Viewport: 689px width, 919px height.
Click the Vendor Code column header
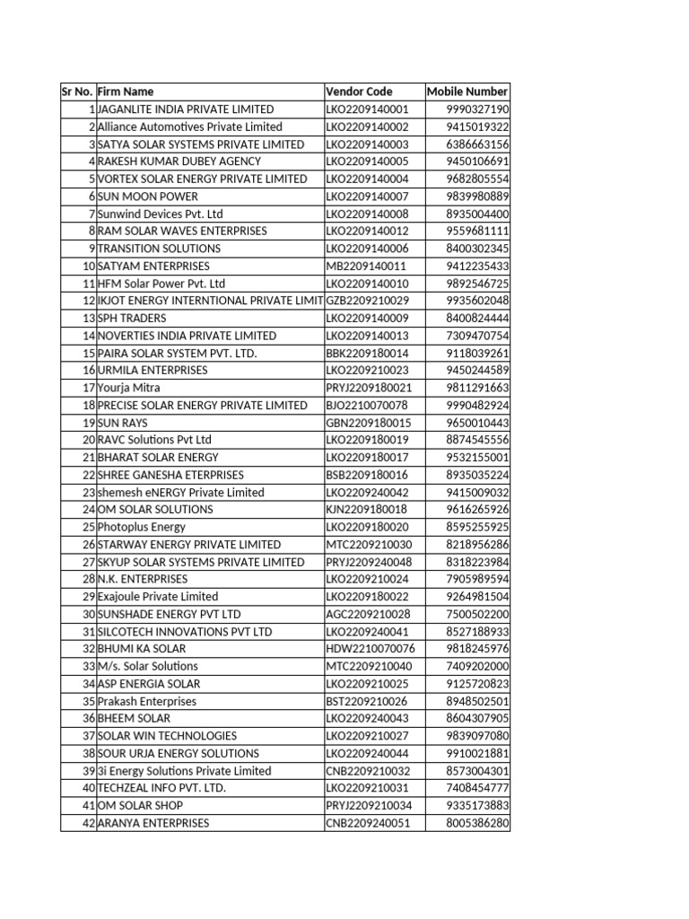click(360, 92)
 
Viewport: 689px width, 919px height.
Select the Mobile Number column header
click(467, 92)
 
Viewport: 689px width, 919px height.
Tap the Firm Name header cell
click(126, 92)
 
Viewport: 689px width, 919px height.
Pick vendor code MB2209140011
click(366, 266)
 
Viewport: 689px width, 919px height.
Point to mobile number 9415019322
click(477, 127)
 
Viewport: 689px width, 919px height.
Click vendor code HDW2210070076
click(371, 649)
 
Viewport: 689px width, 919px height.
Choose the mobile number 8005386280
click(477, 823)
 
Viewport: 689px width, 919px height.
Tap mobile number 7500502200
click(477, 614)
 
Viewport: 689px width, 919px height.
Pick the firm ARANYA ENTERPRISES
click(153, 823)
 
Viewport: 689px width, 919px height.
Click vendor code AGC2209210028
click(368, 614)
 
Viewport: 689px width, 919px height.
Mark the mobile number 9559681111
click(477, 231)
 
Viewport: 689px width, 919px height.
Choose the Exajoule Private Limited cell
click(158, 597)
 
